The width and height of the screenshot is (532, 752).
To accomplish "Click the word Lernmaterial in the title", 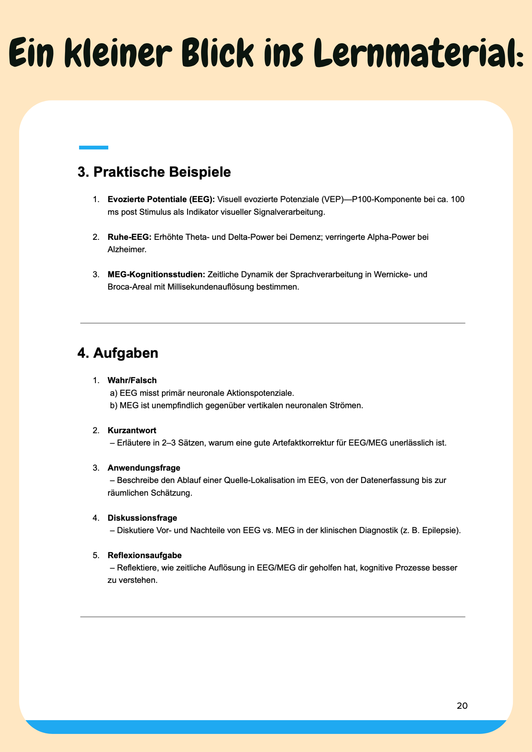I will coord(419,53).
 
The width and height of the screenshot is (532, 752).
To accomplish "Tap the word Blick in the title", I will coord(218,53).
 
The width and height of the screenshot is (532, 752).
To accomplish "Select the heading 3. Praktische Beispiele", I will coord(154,172).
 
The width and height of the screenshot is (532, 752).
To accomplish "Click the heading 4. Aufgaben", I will coord(118,353).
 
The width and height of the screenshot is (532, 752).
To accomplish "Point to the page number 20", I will coord(462,706).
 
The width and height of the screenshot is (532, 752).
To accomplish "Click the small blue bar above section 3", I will coord(94,147).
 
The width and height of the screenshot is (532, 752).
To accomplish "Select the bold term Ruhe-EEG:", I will coord(129,237).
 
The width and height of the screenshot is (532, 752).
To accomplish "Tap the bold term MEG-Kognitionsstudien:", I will coord(156,275).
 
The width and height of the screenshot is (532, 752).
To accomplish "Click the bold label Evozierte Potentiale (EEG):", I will coord(161,200).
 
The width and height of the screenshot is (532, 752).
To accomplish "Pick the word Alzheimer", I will coord(127,250).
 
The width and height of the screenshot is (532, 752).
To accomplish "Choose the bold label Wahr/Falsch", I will coord(132,381).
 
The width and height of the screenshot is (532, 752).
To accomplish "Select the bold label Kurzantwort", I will coord(132,430).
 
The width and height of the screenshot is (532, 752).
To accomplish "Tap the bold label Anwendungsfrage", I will coord(144,468).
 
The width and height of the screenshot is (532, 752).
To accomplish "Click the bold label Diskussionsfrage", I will coord(142,518).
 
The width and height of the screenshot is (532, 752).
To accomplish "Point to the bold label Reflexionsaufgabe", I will coord(144,555).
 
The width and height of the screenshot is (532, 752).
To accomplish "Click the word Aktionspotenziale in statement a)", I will coord(260,393).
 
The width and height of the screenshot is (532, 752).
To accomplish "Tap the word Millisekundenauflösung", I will coord(211,287).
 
